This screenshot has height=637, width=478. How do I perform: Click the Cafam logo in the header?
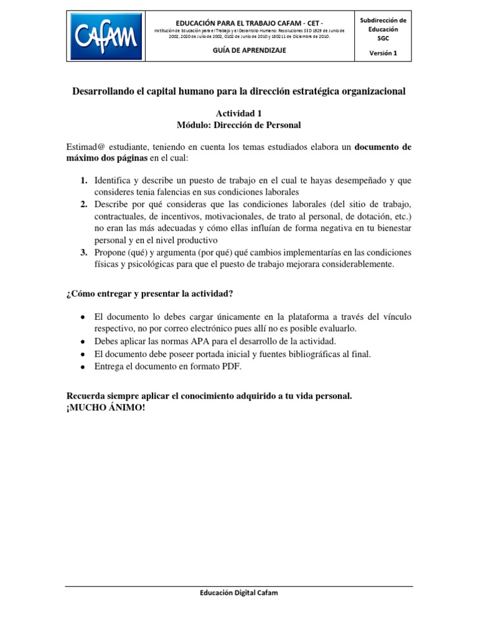point(105,36)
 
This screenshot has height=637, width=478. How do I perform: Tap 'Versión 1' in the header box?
point(383,53)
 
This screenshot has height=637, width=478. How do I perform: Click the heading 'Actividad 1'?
point(238,114)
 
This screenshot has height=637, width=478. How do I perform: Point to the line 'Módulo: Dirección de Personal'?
point(238,125)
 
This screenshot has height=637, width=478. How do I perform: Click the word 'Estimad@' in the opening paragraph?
point(85,147)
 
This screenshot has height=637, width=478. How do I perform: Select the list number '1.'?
point(83,180)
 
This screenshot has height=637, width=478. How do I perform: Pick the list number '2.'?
point(83,204)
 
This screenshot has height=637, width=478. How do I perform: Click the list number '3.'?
point(83,252)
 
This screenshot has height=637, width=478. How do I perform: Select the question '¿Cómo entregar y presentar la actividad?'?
point(149,294)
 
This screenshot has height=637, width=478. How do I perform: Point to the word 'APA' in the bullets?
point(198,342)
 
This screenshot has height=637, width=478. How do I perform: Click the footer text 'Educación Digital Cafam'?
point(238,593)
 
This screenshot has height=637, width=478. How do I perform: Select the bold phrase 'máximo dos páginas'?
point(107,159)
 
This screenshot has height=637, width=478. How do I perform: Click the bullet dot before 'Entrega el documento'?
point(83,367)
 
